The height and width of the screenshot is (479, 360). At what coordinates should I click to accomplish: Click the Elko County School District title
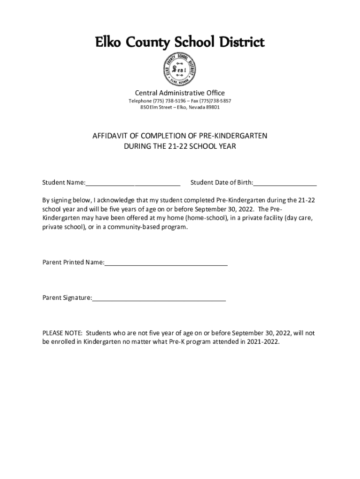180,43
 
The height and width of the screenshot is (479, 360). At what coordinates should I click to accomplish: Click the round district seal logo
180,69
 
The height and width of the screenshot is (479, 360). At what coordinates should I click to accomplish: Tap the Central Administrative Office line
180,93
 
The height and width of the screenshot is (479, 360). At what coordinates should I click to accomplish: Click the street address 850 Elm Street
158,108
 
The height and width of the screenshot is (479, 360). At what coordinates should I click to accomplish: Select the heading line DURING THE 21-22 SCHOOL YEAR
180,146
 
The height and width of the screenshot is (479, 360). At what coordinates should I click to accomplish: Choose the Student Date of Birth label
221,182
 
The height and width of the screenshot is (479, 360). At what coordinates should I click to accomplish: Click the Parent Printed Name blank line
166,263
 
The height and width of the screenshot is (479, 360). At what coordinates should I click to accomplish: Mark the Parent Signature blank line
159,298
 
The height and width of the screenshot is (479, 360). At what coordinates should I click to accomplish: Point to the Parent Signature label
67,298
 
